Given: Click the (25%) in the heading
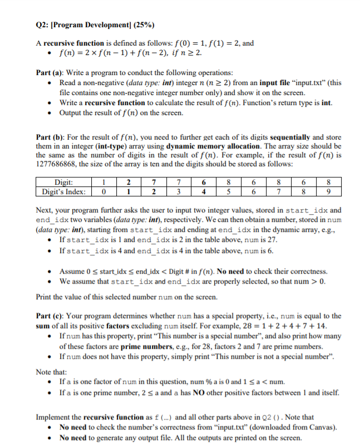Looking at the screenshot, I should click(x=141, y=25).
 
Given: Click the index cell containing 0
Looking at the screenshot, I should click(x=103, y=192).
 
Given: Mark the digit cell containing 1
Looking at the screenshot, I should click(x=103, y=181).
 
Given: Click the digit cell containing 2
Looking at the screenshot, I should click(x=129, y=181).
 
